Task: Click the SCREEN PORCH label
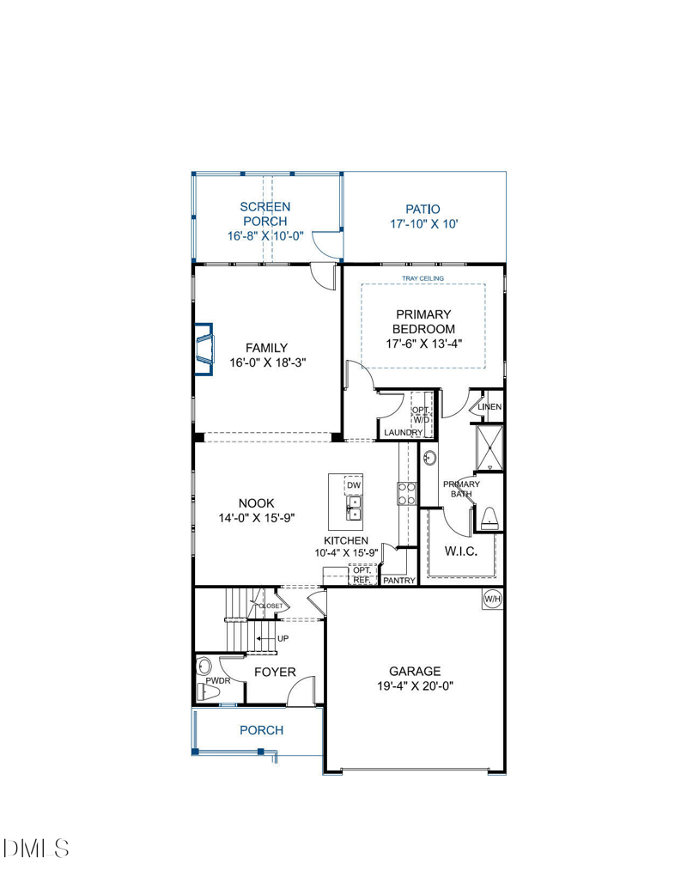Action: point(264,215)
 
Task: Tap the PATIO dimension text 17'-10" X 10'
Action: point(424,224)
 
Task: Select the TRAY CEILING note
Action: point(423,278)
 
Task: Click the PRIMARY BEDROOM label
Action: point(423,321)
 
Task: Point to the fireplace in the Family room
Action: point(204,350)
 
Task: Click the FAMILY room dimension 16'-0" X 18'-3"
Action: point(268,362)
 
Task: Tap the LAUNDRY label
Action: point(403,433)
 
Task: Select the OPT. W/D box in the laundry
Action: point(421,415)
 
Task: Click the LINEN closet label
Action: point(489,406)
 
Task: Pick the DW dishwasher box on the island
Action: point(353,485)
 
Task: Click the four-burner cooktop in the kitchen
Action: point(406,493)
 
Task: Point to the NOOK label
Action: point(256,502)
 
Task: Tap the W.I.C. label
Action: point(461,551)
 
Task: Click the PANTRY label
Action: point(399,581)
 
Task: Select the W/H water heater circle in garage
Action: point(492,599)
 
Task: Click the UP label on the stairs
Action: point(283,638)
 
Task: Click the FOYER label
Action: point(275,673)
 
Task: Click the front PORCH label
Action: point(261,730)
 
